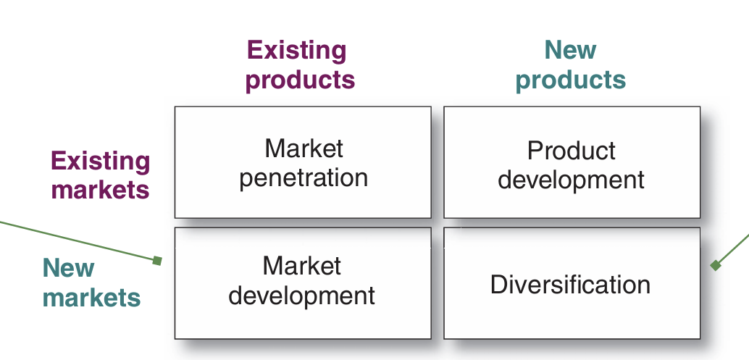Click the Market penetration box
click(x=303, y=162)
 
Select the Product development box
click(x=572, y=162)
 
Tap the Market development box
click(x=303, y=283)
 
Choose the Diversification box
click(x=572, y=283)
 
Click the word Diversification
click(x=570, y=284)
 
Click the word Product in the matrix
click(x=572, y=151)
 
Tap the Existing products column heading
click(x=300, y=65)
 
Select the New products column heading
click(x=571, y=65)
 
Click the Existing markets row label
click(x=100, y=175)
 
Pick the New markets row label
click(x=91, y=282)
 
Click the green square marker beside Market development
click(x=157, y=261)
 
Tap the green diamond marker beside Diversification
click(x=715, y=265)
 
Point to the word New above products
click(x=570, y=50)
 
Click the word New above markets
click(x=68, y=267)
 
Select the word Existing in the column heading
click(x=297, y=51)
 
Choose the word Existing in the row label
click(x=100, y=162)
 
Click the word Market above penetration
click(x=304, y=148)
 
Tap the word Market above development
click(x=302, y=265)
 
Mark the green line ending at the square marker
click(x=78, y=241)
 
